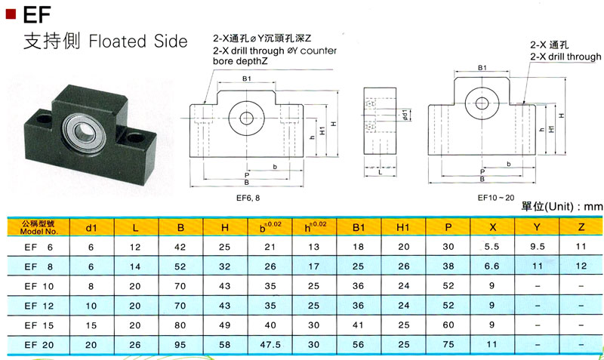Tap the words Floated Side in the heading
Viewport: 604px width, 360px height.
(x=137, y=42)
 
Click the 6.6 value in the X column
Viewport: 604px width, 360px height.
(x=493, y=266)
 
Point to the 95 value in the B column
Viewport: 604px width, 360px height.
(x=180, y=345)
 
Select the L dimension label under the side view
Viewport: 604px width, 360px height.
(x=380, y=173)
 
